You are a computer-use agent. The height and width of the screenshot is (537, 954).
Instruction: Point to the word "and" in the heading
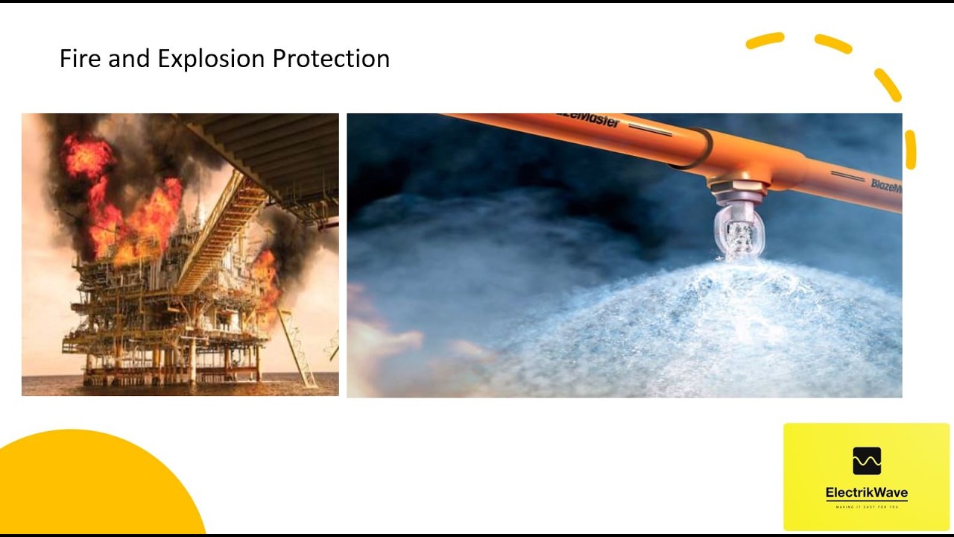129,58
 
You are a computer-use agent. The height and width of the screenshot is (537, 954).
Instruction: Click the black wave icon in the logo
867,461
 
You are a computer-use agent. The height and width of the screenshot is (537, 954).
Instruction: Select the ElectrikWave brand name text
867,493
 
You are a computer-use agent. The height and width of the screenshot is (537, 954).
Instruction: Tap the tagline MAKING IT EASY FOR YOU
867,507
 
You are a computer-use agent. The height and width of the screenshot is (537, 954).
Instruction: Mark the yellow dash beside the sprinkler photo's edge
910,149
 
